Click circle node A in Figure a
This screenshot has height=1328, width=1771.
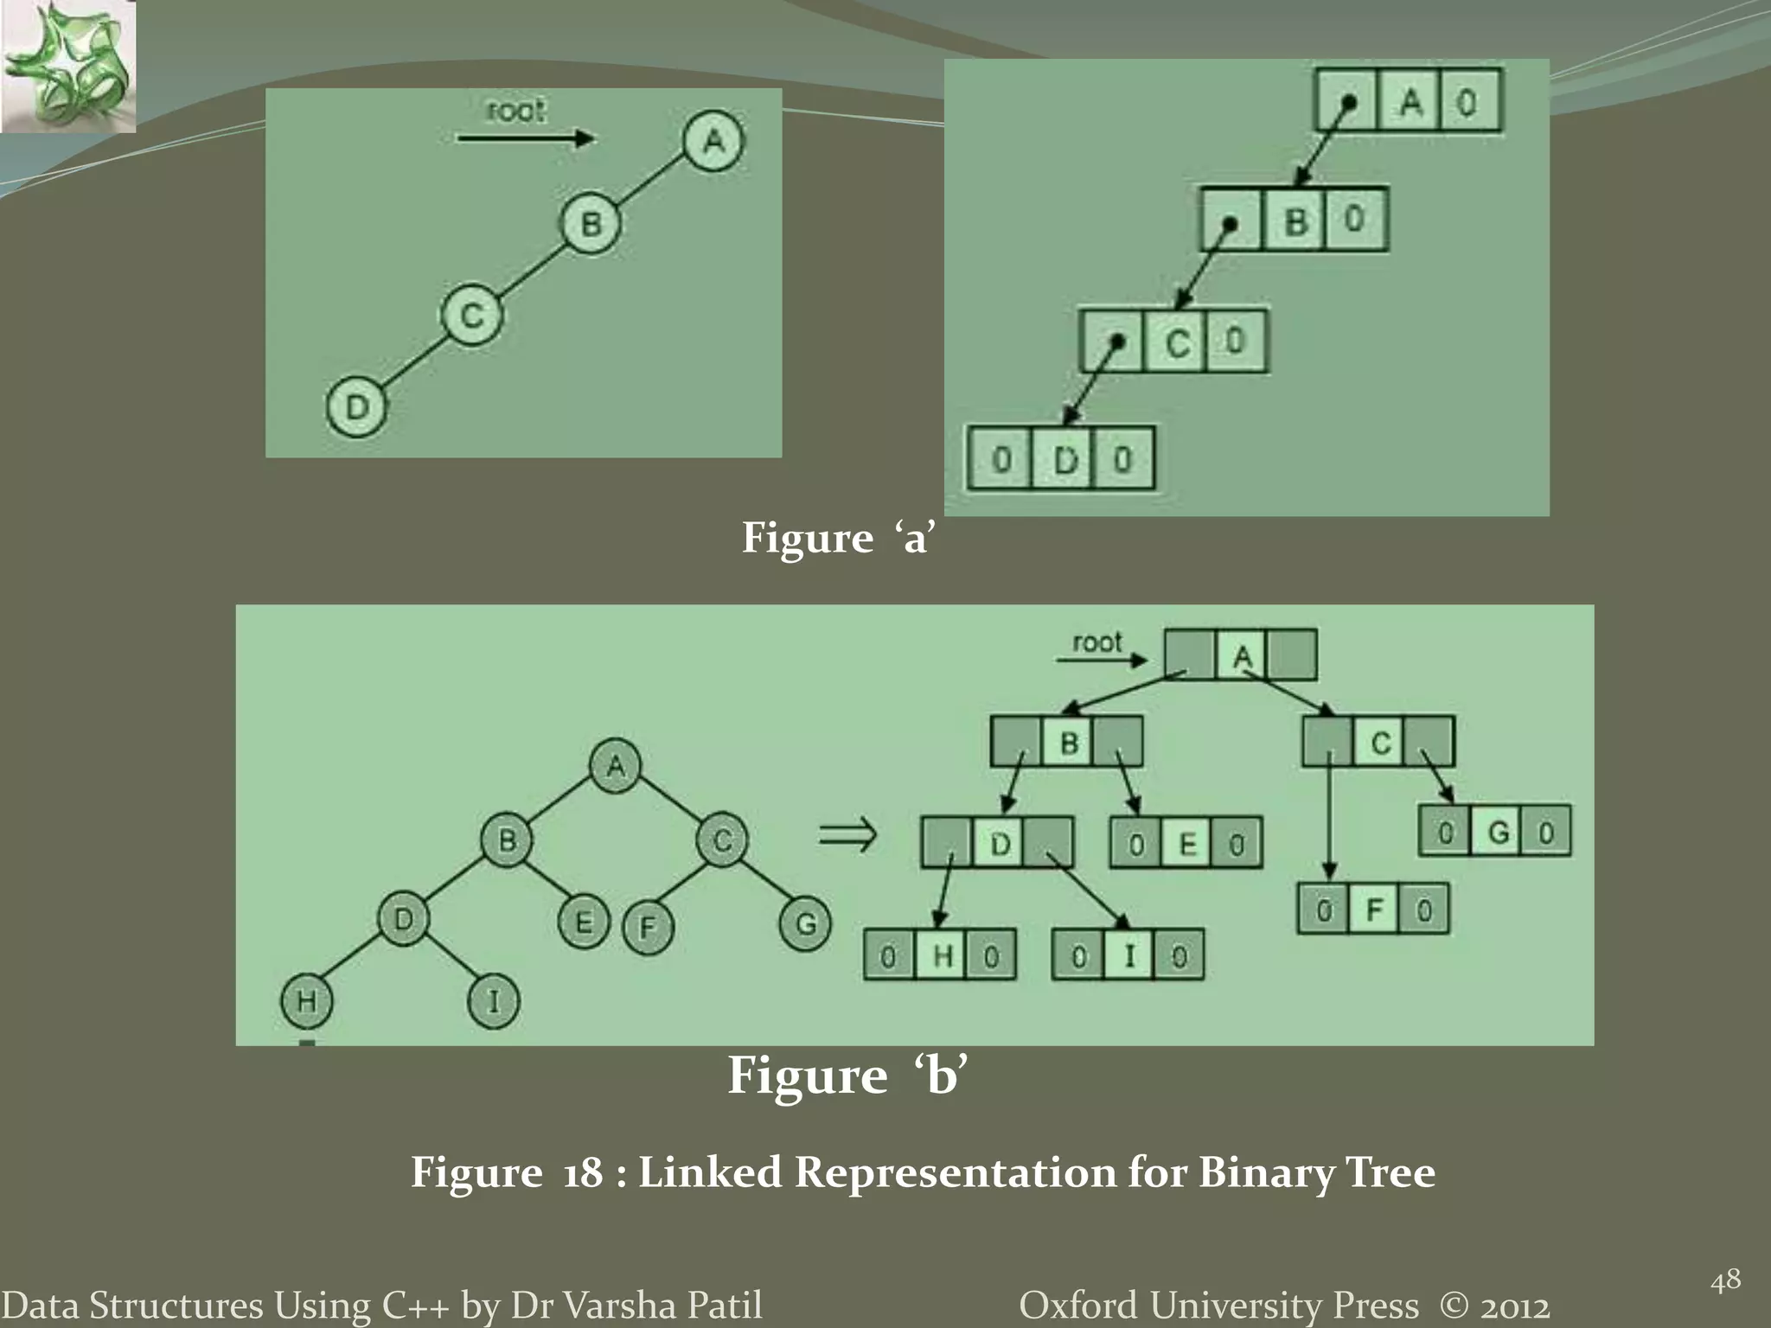click(713, 141)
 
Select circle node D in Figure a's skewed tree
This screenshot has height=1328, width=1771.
click(356, 406)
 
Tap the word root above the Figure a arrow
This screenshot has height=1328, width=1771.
click(515, 112)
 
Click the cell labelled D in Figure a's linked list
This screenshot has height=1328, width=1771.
click(1065, 459)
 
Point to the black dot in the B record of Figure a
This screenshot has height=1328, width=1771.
click(1230, 224)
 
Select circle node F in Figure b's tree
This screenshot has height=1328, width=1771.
click(647, 928)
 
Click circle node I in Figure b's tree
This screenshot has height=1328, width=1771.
click(493, 1001)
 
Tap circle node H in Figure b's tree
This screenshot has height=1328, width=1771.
click(306, 1001)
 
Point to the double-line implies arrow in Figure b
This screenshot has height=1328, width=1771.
click(847, 835)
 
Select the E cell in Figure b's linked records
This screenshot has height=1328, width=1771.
click(1187, 844)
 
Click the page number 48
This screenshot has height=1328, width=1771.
click(1725, 1280)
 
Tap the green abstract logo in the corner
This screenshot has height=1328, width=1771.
click(67, 66)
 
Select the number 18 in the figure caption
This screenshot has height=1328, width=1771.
click(582, 1173)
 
